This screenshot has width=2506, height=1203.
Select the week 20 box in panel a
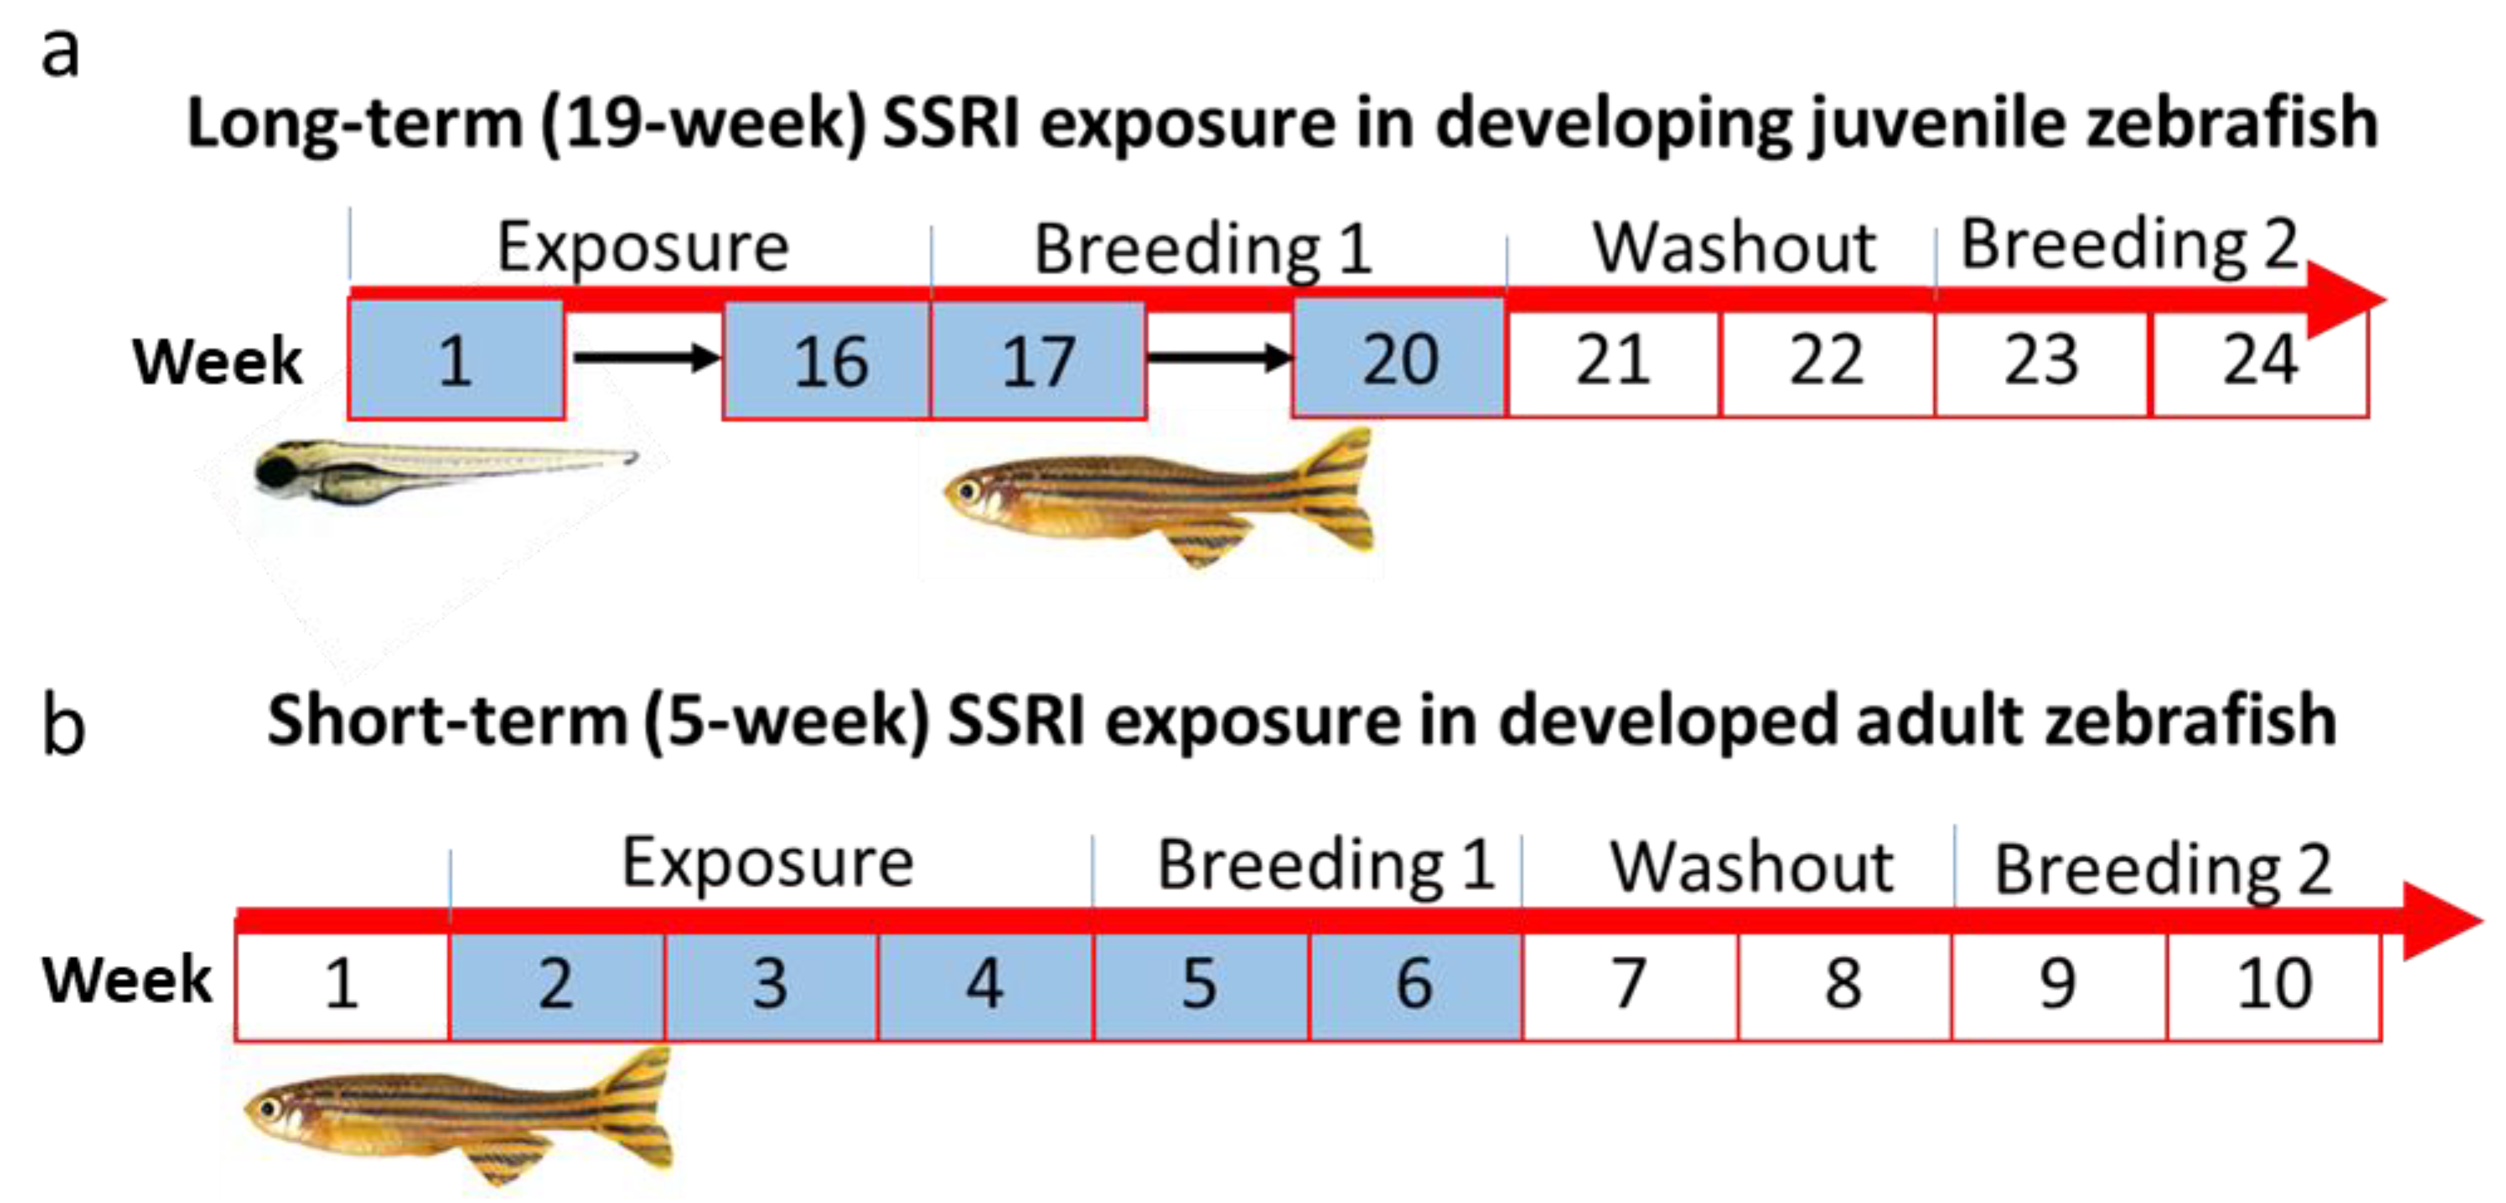pyautogui.click(x=1399, y=358)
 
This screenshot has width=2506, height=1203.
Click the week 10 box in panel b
pyautogui.click(x=2273, y=984)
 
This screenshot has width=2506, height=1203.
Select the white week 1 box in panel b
pyautogui.click(x=342, y=984)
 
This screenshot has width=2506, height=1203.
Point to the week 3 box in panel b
pyautogui.click(x=770, y=984)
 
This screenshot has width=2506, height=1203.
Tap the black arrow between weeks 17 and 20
pyautogui.click(x=1220, y=358)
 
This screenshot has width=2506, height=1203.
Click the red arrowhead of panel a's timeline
pyautogui.click(x=2345, y=298)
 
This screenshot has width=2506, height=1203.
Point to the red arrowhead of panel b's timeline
pyautogui.click(x=2442, y=921)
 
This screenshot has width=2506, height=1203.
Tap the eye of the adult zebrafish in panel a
pyautogui.click(x=968, y=490)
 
